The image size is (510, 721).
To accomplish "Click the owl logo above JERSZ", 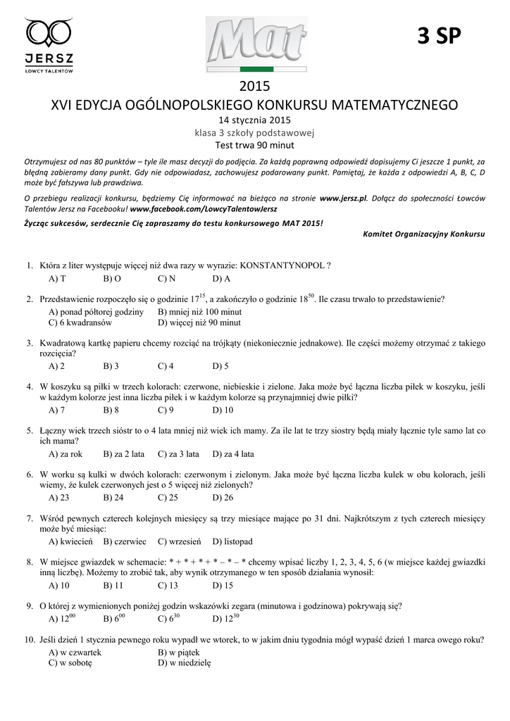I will pyautogui.click(x=49, y=32).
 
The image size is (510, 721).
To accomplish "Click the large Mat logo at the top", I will pyautogui.click(x=254, y=44).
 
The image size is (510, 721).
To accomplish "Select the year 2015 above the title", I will pyautogui.click(x=254, y=87).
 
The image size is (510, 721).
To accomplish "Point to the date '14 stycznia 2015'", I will pyautogui.click(x=254, y=120).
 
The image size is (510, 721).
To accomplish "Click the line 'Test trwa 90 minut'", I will pyautogui.click(x=254, y=145).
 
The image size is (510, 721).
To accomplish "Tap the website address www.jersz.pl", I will pyautogui.click(x=343, y=199).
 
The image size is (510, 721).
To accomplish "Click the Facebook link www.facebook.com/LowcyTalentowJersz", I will pyautogui.click(x=204, y=209).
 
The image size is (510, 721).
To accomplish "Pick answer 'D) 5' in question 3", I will pyautogui.click(x=220, y=366).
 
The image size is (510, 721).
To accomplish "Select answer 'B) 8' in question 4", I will pyautogui.click(x=111, y=410).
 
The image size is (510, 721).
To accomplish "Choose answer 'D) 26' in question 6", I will pyautogui.click(x=223, y=498).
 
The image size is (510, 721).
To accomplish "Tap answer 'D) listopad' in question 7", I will pyautogui.click(x=232, y=541).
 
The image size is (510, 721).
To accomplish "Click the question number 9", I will pyautogui.click(x=30, y=606).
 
